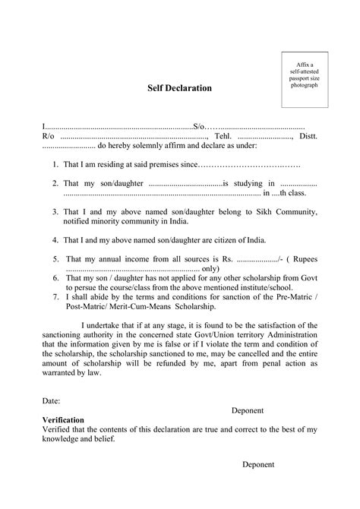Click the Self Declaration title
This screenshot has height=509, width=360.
(179, 89)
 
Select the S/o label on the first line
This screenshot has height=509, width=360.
(199, 124)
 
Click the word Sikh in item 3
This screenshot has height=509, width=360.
(247, 211)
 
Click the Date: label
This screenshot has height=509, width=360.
(51, 400)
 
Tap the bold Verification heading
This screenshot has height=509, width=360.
(64, 419)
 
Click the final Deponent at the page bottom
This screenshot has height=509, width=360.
(258, 464)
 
